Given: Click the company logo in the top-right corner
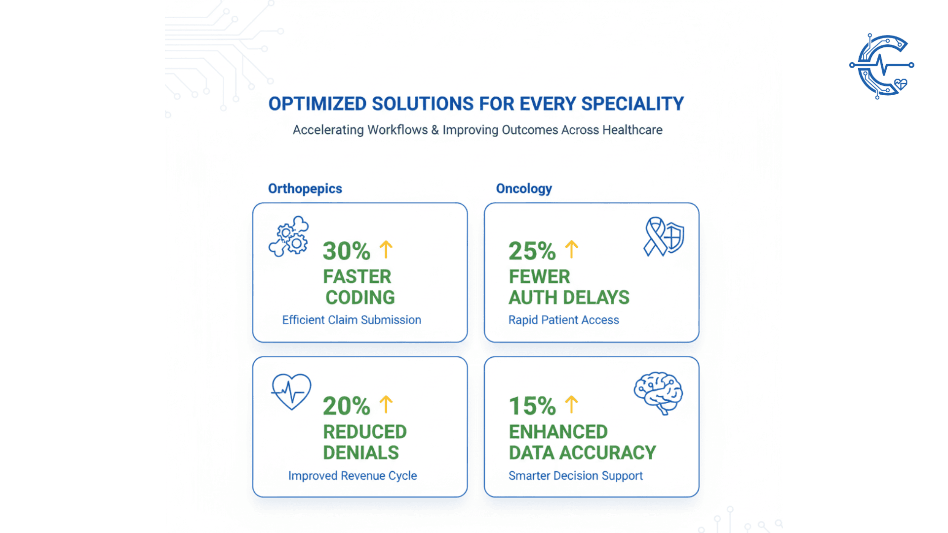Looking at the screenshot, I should click(x=882, y=66).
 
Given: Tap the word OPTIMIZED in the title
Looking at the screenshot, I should click(x=317, y=104).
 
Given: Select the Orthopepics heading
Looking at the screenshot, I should click(x=305, y=189).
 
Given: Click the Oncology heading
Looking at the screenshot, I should click(x=524, y=189).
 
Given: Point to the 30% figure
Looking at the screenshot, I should click(x=346, y=251).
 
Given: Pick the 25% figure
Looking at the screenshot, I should click(x=532, y=251).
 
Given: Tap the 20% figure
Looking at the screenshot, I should click(x=346, y=406).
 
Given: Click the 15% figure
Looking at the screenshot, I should click(x=532, y=406).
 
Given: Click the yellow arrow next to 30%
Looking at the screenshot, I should click(x=386, y=249).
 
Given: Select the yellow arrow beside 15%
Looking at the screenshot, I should click(x=572, y=404).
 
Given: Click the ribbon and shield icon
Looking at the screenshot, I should click(x=664, y=236).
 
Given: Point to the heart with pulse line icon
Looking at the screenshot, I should click(x=291, y=391).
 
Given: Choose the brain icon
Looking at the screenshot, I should click(x=659, y=393).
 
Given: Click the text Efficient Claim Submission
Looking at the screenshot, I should click(x=352, y=320).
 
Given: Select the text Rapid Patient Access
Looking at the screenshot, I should click(x=563, y=320).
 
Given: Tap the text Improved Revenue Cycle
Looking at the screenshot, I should click(x=353, y=476).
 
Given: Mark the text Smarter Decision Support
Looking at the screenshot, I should click(x=575, y=476).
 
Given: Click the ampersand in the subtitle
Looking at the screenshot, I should click(x=435, y=130).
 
